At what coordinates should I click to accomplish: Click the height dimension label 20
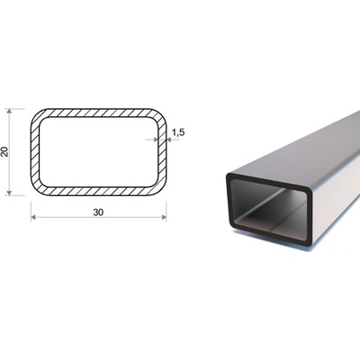4,152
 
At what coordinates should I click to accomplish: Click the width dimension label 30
98,212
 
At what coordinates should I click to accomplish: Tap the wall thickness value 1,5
178,131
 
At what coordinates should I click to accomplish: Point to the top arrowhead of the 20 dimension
9,111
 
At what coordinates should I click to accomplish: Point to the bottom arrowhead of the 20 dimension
9,193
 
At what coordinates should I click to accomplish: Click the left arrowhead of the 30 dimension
33,217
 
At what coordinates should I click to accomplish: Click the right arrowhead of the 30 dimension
164,217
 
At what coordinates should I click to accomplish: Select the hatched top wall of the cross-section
98,112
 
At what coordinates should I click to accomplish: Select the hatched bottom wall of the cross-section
98,191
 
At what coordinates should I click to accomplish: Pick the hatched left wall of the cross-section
35,152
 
